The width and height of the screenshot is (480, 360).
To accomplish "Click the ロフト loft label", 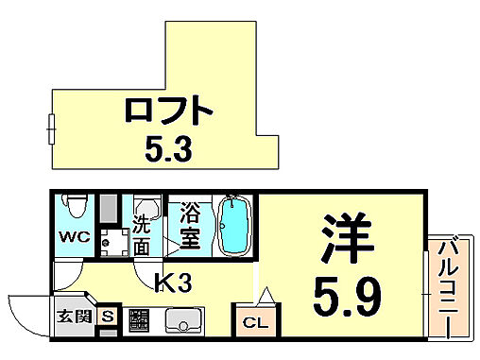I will point(166,111).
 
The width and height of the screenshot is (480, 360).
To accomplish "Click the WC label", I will point(75,237).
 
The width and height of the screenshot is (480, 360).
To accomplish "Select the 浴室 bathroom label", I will point(189,226).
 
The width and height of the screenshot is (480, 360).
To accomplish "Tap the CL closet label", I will point(254,322).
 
